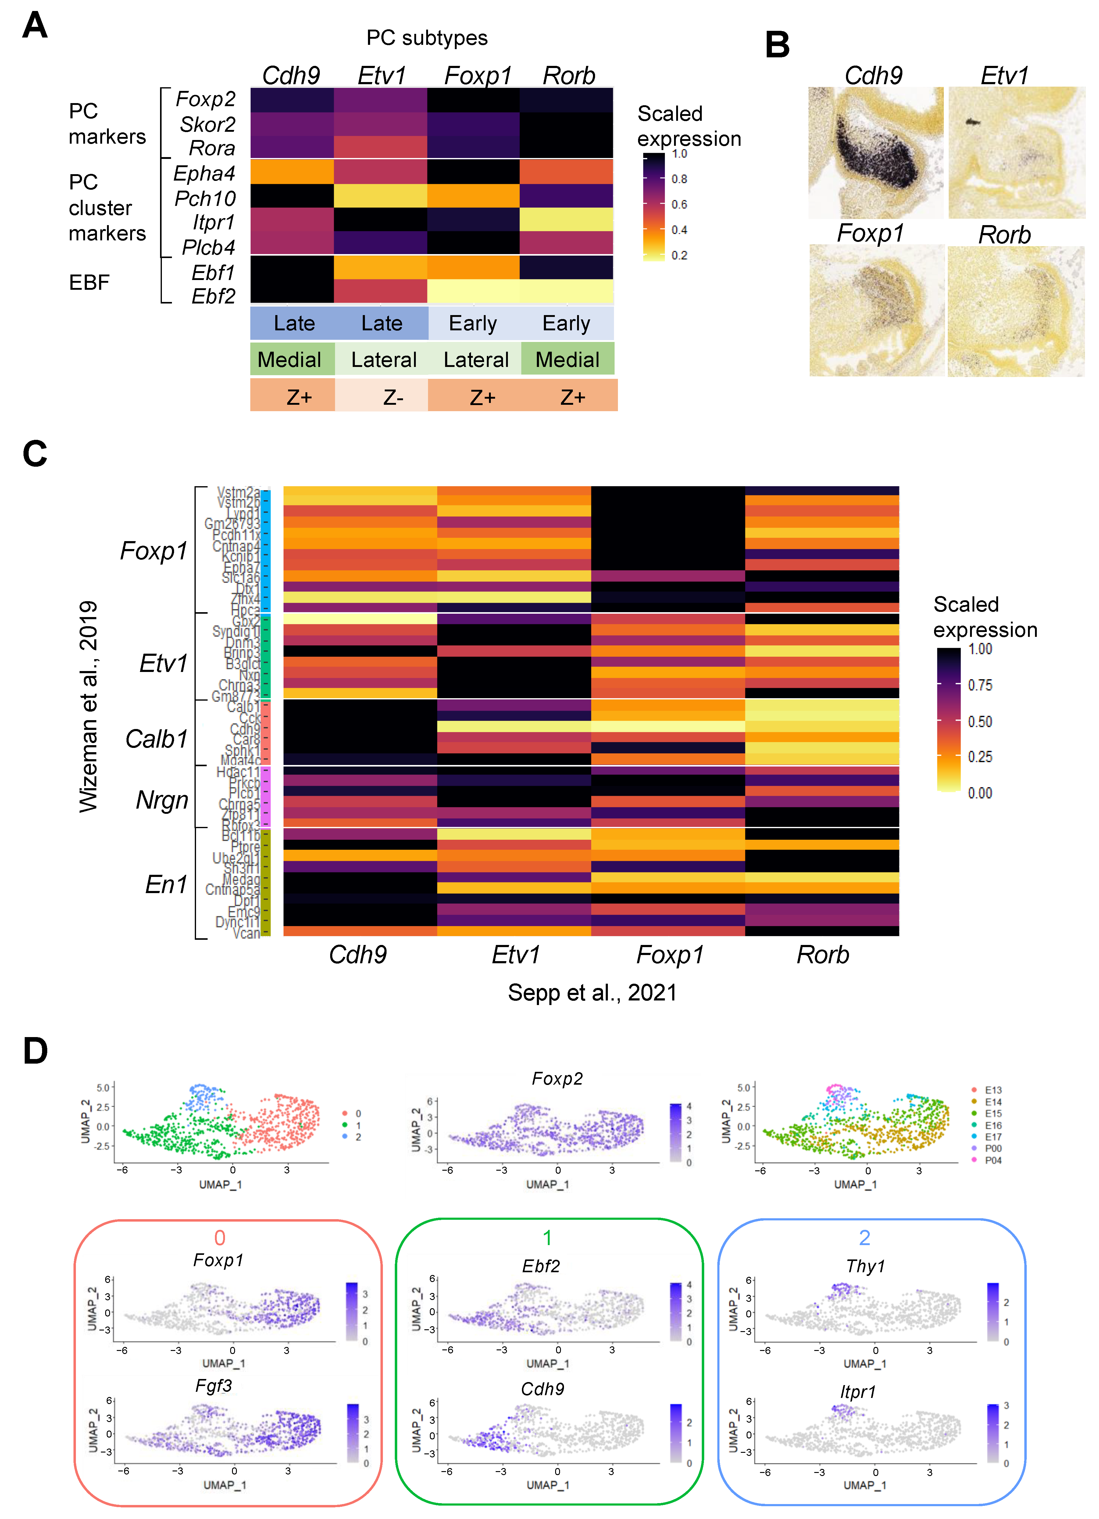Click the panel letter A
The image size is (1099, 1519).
click(35, 25)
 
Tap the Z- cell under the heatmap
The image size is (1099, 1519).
click(393, 397)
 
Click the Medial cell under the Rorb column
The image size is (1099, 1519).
click(567, 360)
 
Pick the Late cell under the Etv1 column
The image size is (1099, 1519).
click(381, 324)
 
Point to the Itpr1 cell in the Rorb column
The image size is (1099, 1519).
click(566, 219)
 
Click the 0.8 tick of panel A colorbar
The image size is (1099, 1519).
click(679, 179)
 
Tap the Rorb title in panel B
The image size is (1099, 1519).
click(1004, 235)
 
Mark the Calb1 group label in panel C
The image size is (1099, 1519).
click(157, 739)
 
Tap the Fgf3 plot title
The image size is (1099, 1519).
click(213, 1385)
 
